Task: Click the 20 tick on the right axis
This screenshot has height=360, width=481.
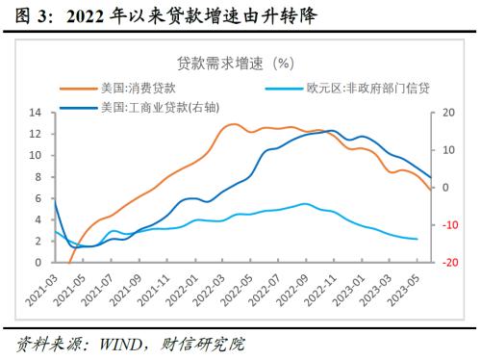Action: [x=446, y=113]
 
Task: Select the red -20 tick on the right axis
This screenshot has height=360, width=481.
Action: [x=448, y=262]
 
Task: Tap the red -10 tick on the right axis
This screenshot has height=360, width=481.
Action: [x=448, y=224]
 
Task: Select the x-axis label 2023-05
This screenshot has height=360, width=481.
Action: [x=414, y=286]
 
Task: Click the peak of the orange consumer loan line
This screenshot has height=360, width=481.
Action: [x=234, y=124]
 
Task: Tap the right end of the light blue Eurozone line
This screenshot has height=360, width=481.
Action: [x=417, y=239]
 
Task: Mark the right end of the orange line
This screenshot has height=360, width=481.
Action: [x=430, y=190]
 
